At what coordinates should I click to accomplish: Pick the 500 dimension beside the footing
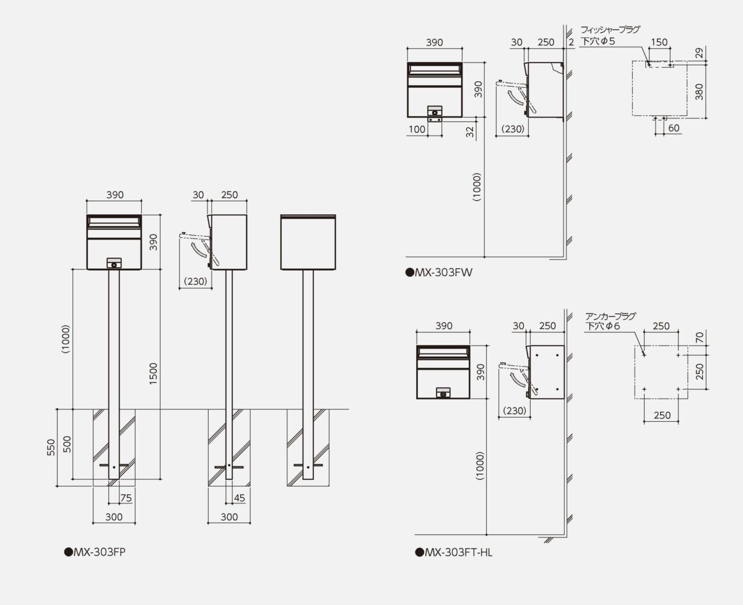(x=66, y=444)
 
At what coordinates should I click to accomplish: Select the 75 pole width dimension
(x=126, y=497)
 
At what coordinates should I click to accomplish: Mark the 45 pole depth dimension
(x=240, y=497)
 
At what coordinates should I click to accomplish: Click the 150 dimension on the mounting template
(x=659, y=42)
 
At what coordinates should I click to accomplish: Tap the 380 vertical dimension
(x=698, y=90)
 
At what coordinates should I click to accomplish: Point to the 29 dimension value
(x=698, y=53)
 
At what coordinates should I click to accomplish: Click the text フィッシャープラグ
(x=610, y=29)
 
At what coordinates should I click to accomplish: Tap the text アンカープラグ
(x=610, y=316)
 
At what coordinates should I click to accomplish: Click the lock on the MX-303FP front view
(x=113, y=264)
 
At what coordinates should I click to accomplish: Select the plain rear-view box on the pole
(x=308, y=242)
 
